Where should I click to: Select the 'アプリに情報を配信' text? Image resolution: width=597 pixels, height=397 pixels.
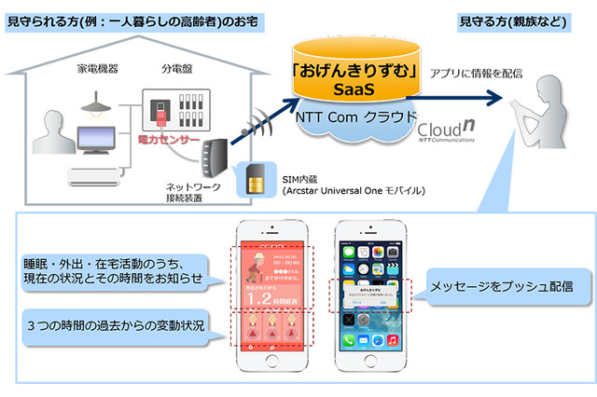point(473,74)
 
